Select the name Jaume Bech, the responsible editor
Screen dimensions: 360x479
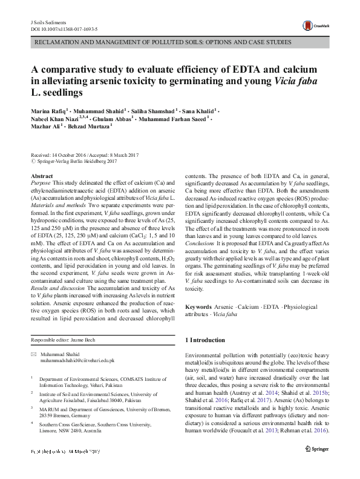[x=86, y=341]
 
